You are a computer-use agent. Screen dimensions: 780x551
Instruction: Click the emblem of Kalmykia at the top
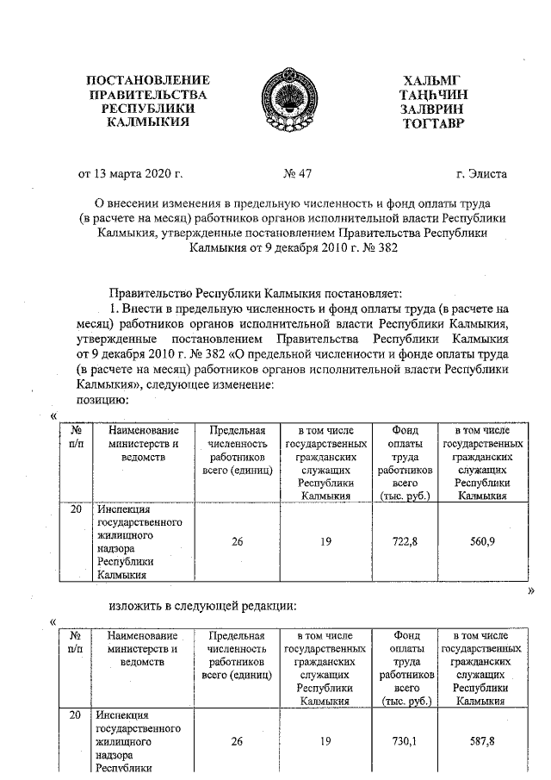(275, 102)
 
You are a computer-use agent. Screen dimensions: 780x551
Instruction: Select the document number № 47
(296, 174)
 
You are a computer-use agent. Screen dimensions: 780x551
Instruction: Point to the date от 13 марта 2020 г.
(131, 174)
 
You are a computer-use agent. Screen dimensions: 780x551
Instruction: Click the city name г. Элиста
(482, 174)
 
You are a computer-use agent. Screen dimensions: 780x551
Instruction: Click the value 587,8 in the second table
(481, 740)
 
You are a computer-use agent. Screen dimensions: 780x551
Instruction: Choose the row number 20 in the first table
(75, 510)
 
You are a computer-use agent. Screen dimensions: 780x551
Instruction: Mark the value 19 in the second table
(325, 740)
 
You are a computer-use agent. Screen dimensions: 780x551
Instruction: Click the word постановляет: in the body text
(354, 293)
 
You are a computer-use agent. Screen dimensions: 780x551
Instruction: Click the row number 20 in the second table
(75, 714)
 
